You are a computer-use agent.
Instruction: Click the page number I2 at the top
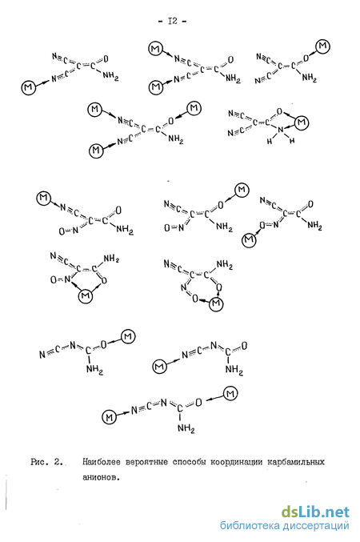point(172,21)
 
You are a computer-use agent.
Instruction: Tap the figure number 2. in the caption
point(58,462)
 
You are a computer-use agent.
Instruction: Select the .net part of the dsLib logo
point(337,512)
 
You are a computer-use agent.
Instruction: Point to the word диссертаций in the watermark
point(316,527)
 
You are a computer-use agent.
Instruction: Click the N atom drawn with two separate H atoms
point(281,130)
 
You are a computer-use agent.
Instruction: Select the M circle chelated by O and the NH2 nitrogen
point(302,122)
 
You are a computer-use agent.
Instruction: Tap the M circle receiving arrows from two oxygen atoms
point(216,303)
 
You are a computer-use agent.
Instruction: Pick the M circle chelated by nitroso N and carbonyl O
point(86,295)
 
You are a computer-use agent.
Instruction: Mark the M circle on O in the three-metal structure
point(194,108)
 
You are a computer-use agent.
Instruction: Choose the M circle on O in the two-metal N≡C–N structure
point(230,394)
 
